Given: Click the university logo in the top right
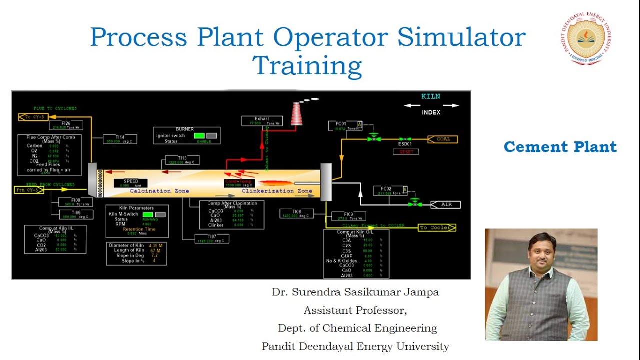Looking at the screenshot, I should pyautogui.click(x=586, y=39).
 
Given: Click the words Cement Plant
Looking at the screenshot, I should pyautogui.click(x=560, y=147).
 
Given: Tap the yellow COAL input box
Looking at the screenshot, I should pyautogui.click(x=443, y=139).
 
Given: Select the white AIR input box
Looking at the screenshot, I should pyautogui.click(x=444, y=205).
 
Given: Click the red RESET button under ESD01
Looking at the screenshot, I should pyautogui.click(x=405, y=152).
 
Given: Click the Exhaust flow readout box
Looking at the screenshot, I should pyautogui.click(x=262, y=121).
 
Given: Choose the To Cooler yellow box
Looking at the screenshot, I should pyautogui.click(x=436, y=228).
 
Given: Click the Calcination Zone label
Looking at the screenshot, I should pyautogui.click(x=159, y=191).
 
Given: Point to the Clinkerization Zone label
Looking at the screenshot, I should pyautogui.click(x=277, y=191).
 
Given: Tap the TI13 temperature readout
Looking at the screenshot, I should pyautogui.click(x=182, y=160).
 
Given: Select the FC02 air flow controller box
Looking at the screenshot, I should pyautogui.click(x=390, y=191).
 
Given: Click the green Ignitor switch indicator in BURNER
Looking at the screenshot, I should pyautogui.click(x=199, y=135).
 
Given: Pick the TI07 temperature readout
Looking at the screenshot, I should pyautogui.click(x=211, y=238).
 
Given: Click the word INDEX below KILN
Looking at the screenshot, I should pyautogui.click(x=431, y=112).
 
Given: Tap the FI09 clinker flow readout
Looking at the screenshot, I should pyautogui.click(x=348, y=216).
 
